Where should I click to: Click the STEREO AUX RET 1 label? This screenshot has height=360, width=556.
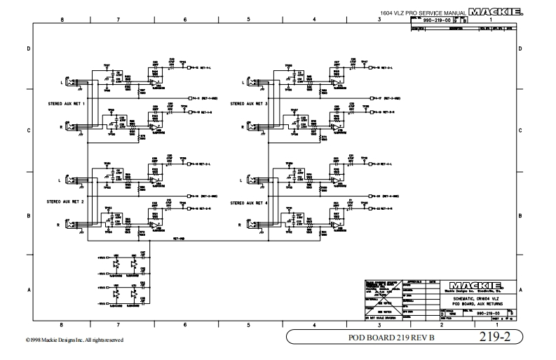pyautogui.click(x=65, y=104)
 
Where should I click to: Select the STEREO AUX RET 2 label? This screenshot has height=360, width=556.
pyautogui.click(x=65, y=201)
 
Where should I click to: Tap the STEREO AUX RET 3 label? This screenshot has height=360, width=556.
pyautogui.click(x=249, y=104)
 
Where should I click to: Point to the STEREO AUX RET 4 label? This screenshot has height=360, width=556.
pyautogui.click(x=249, y=201)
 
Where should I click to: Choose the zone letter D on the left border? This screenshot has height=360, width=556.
pyautogui.click(x=29, y=49)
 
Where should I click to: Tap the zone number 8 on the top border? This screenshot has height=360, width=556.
pyautogui.click(x=62, y=19)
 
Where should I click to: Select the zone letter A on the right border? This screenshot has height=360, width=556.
pyautogui.click(x=520, y=289)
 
